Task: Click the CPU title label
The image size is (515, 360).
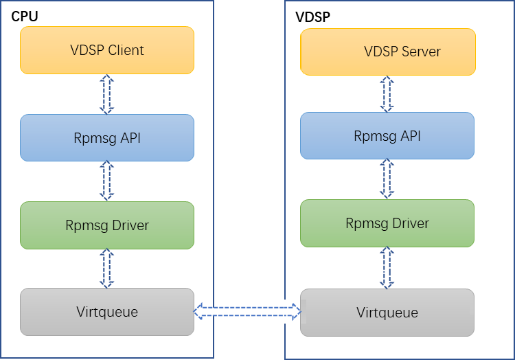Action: click(x=24, y=16)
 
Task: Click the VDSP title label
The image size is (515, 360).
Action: click(x=312, y=17)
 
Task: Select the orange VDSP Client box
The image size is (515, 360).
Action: click(x=107, y=50)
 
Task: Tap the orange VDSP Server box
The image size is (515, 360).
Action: click(x=387, y=52)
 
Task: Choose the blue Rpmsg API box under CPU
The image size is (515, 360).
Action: click(x=107, y=137)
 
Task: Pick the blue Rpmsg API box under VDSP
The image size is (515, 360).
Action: click(x=387, y=135)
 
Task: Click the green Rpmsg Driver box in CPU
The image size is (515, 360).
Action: click(x=107, y=225)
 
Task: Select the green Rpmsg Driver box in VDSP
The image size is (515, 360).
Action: click(x=387, y=223)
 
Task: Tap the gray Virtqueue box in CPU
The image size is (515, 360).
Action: click(x=107, y=312)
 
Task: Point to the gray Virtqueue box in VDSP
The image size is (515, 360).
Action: click(x=387, y=312)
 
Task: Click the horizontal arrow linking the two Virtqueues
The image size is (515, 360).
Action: click(x=247, y=312)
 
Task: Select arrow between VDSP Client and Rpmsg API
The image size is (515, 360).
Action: click(x=106, y=93)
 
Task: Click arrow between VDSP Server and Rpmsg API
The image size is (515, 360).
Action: click(x=387, y=93)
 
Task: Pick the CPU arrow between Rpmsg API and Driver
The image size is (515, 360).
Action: click(x=106, y=181)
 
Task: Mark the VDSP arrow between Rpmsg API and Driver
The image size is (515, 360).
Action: click(x=387, y=179)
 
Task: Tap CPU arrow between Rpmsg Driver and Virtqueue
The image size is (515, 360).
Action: click(x=106, y=268)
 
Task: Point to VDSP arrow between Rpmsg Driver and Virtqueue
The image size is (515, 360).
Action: click(x=387, y=267)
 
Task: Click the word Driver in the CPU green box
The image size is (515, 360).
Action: click(x=130, y=225)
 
